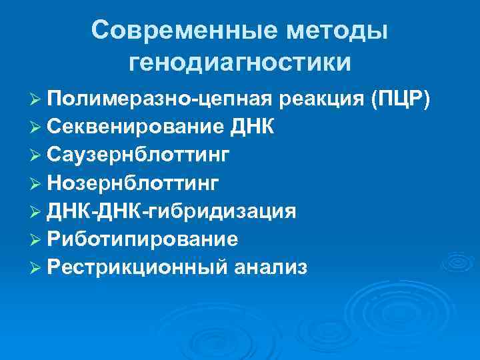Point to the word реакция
322,99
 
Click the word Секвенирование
131,127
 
